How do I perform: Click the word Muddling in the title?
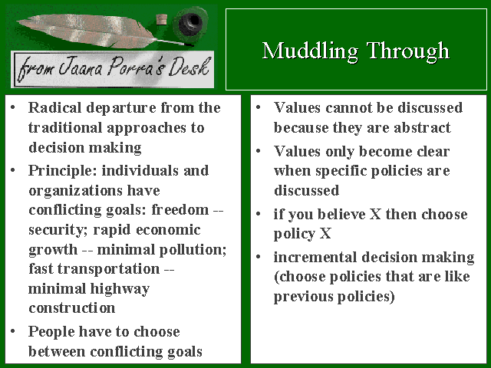tap(310, 51)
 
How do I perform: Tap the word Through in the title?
tap(408, 51)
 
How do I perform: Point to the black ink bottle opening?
tap(189, 22)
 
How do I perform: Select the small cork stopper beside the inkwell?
tap(162, 19)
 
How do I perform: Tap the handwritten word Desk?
tap(189, 67)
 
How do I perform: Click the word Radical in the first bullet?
tap(54, 107)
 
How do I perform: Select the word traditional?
tap(65, 128)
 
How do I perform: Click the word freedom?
tap(180, 209)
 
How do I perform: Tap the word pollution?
tap(193, 250)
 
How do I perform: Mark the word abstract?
tap(422, 128)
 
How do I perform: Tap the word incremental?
tap(315, 258)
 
